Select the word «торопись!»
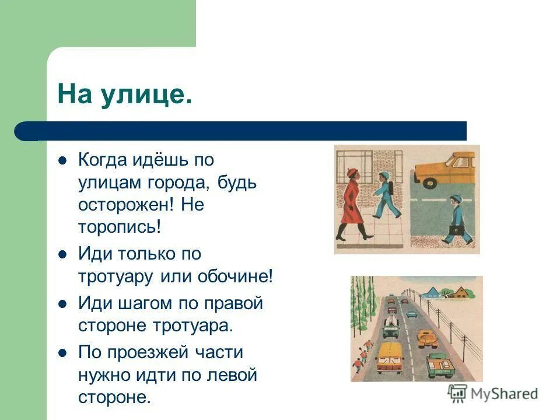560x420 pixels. tap(119, 227)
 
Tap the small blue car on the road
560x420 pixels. tap(412, 314)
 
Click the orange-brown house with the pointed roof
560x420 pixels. tap(461, 292)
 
